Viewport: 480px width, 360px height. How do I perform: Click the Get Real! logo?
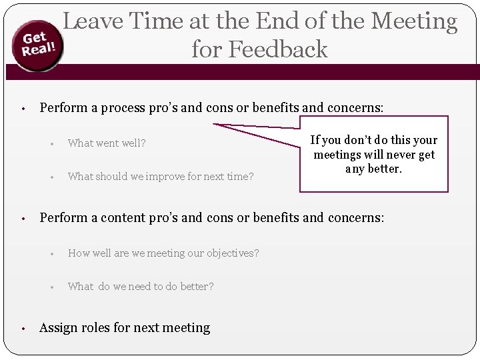coord(37,47)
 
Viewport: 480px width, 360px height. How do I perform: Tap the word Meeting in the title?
coord(414,21)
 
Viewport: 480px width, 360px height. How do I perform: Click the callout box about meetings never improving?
coord(373,154)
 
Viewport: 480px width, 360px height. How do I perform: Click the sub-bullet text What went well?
coord(107,143)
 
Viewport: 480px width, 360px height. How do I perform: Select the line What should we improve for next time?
coord(161,177)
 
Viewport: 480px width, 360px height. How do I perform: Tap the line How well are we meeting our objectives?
coord(163,253)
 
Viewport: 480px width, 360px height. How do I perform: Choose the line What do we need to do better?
coord(141,287)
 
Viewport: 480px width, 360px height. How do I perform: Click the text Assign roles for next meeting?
coord(125,327)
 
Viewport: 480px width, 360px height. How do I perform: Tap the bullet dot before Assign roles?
coord(23,329)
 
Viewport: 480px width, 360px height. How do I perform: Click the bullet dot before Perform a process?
coord(23,108)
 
